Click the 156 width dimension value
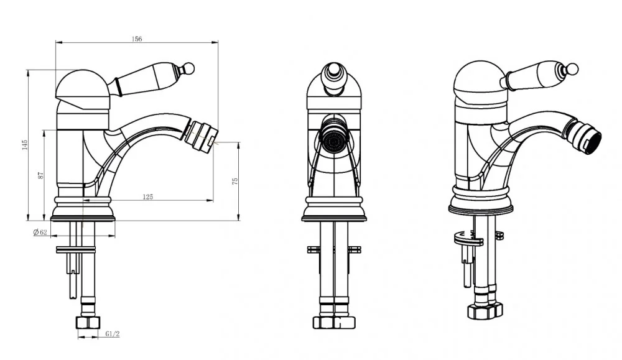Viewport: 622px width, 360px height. (136, 39)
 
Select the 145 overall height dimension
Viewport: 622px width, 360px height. (25, 145)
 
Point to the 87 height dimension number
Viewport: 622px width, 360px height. (40, 175)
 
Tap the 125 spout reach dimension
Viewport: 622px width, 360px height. (147, 196)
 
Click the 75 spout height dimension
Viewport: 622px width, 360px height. (235, 181)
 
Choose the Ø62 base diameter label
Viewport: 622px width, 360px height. (40, 233)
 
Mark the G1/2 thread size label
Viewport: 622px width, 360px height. (113, 335)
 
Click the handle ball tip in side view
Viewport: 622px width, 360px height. (189, 68)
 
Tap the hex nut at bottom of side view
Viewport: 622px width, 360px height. (88, 322)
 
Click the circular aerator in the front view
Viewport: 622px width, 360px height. (333, 139)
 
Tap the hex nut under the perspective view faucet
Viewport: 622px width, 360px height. (485, 310)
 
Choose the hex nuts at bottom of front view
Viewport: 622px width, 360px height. (334, 322)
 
